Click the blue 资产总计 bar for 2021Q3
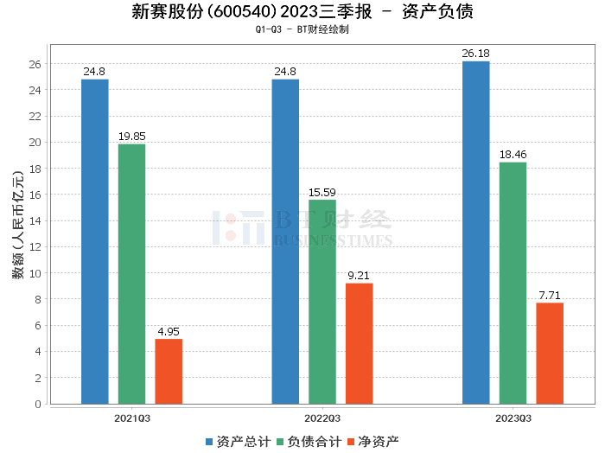click(x=95, y=241)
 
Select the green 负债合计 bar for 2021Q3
click(x=132, y=274)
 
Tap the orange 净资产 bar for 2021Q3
click(x=169, y=371)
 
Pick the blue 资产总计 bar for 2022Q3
click(x=285, y=241)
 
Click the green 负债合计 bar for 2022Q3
click(x=322, y=302)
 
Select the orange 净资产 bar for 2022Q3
click(x=360, y=343)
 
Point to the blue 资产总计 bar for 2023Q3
click(x=476, y=233)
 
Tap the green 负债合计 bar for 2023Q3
click(x=513, y=283)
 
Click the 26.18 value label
click(x=476, y=54)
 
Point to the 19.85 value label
click(x=132, y=137)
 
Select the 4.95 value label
click(x=169, y=331)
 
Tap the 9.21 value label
click(x=360, y=276)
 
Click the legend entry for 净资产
click(x=372, y=442)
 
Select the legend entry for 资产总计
click(x=236, y=442)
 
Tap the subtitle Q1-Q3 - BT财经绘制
click(x=302, y=29)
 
